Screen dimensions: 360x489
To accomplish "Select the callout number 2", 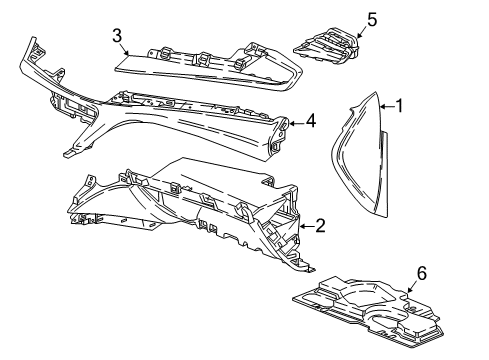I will coord(320,227).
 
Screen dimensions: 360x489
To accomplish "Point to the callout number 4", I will coord(311,121).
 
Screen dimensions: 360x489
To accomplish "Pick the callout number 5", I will coord(372,18).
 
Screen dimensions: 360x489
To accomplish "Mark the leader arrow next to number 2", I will coord(305,228).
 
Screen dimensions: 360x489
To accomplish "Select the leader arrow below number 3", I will coord(123,54).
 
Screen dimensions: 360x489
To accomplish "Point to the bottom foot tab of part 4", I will coord(68,153).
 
